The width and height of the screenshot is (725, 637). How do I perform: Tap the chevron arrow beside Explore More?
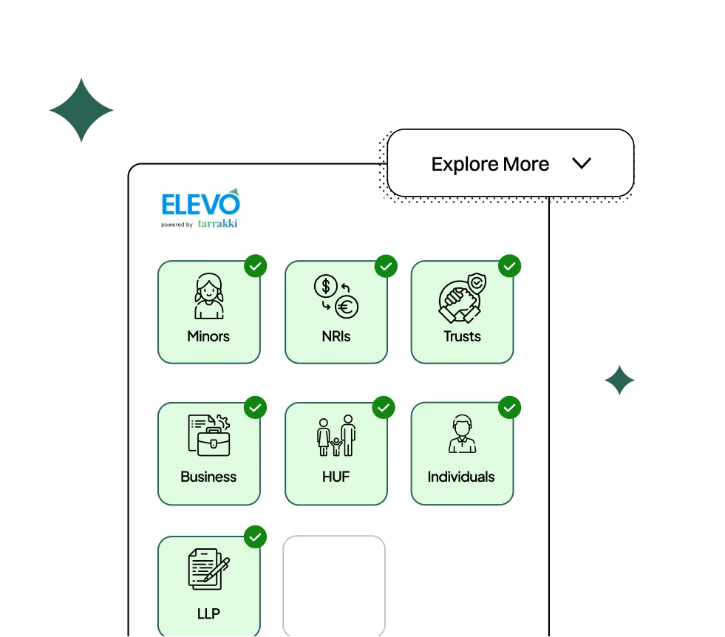pyautogui.click(x=582, y=163)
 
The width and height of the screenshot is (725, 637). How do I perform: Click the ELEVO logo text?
pyautogui.click(x=200, y=202)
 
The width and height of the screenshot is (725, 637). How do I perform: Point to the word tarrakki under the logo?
pyautogui.click(x=217, y=223)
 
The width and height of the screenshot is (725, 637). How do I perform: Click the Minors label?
pyautogui.click(x=208, y=336)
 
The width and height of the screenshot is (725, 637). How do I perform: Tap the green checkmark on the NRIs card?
pyautogui.click(x=386, y=266)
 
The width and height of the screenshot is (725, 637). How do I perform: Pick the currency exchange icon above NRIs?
pyautogui.click(x=336, y=296)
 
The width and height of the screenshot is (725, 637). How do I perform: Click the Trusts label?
pyautogui.click(x=462, y=336)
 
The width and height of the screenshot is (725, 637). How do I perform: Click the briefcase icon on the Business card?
pyautogui.click(x=209, y=436)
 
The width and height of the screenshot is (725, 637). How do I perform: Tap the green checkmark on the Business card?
pyautogui.click(x=255, y=407)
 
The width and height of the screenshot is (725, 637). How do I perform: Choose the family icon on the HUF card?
pyautogui.click(x=336, y=436)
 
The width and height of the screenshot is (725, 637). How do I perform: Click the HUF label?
pyautogui.click(x=336, y=477)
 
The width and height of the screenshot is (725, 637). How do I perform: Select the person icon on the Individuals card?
pyautogui.click(x=462, y=435)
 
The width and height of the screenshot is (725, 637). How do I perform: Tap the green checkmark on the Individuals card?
pyautogui.click(x=509, y=407)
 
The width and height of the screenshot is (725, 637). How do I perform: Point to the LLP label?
pyautogui.click(x=208, y=613)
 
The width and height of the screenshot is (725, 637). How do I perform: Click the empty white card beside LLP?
pyautogui.click(x=334, y=586)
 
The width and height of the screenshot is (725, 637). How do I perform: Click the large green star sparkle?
pyautogui.click(x=82, y=111)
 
